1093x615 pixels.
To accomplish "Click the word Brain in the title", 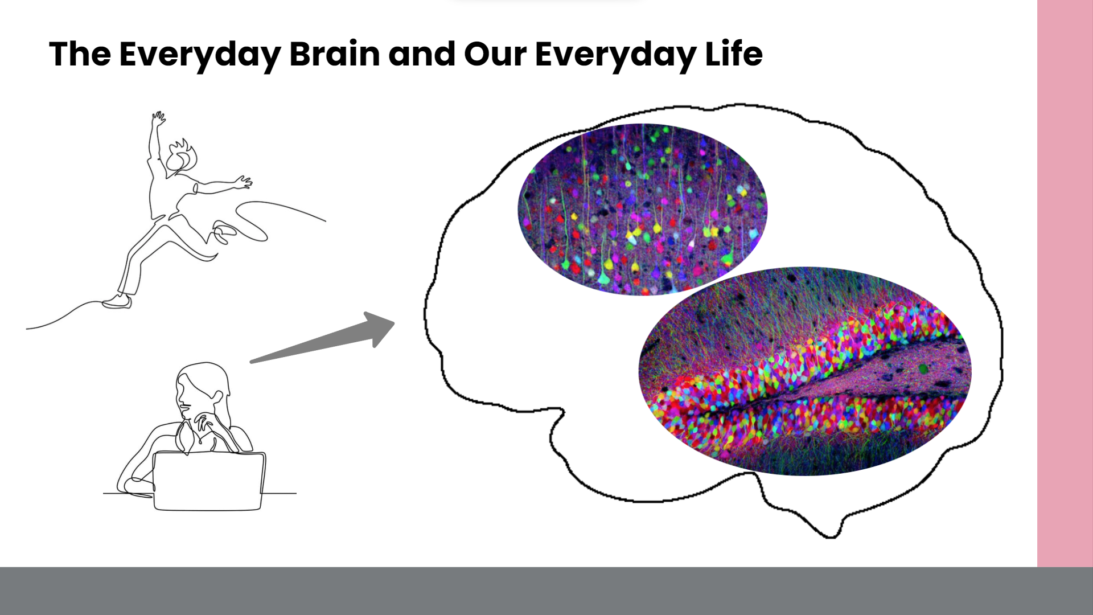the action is pos(335,54).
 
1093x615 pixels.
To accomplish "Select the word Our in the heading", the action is pos(495,54).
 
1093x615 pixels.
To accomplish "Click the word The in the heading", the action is pos(80,54).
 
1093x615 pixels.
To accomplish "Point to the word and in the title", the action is pos(422,54).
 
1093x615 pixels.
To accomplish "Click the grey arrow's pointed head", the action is pos(381,328).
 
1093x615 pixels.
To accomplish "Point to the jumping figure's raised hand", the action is pos(158,119).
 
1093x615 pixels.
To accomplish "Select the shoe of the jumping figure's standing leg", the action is pos(117,301).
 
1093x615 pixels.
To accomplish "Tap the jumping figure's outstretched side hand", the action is pos(243,182).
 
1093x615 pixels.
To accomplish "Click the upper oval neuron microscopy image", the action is pos(642,209).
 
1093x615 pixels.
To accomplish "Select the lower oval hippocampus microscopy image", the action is pos(805,371).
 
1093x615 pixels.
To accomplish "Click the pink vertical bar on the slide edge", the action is pos(1065,283).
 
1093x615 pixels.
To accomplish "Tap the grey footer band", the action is pos(546,591).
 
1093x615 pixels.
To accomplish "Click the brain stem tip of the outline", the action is pos(830,532).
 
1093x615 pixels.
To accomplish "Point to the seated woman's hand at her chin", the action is pos(202,421).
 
